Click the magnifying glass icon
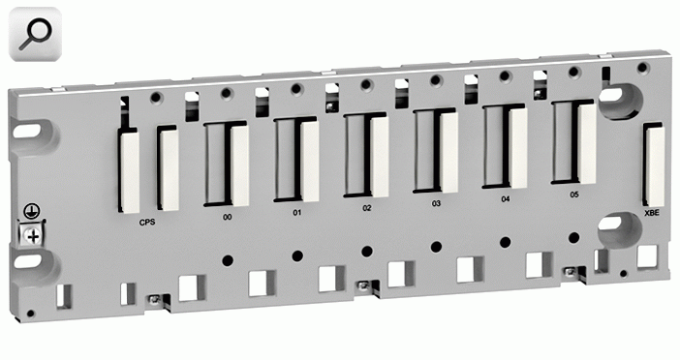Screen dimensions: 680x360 coord(35,34)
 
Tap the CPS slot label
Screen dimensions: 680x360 coord(147,223)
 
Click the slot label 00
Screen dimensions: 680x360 coord(228,217)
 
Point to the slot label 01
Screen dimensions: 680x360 coord(296,213)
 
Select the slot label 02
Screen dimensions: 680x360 coord(367,208)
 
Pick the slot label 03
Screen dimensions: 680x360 coord(436,203)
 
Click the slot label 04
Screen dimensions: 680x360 coord(506,198)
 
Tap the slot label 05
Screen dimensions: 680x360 coord(574,195)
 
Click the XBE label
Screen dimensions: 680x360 coord(651,213)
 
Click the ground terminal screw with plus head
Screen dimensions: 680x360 coord(33,236)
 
